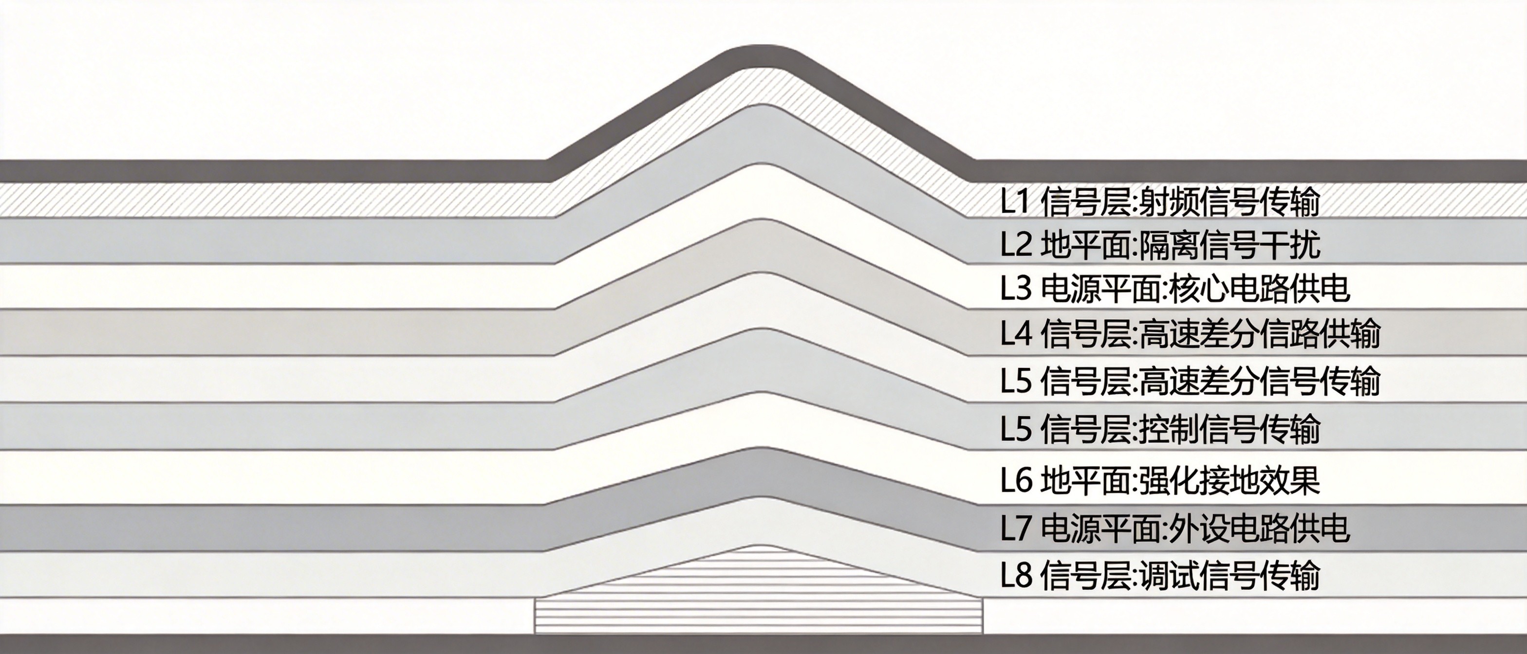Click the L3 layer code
[x=1017, y=289]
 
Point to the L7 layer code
[x=1017, y=528]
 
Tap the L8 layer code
[x=1017, y=575]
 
